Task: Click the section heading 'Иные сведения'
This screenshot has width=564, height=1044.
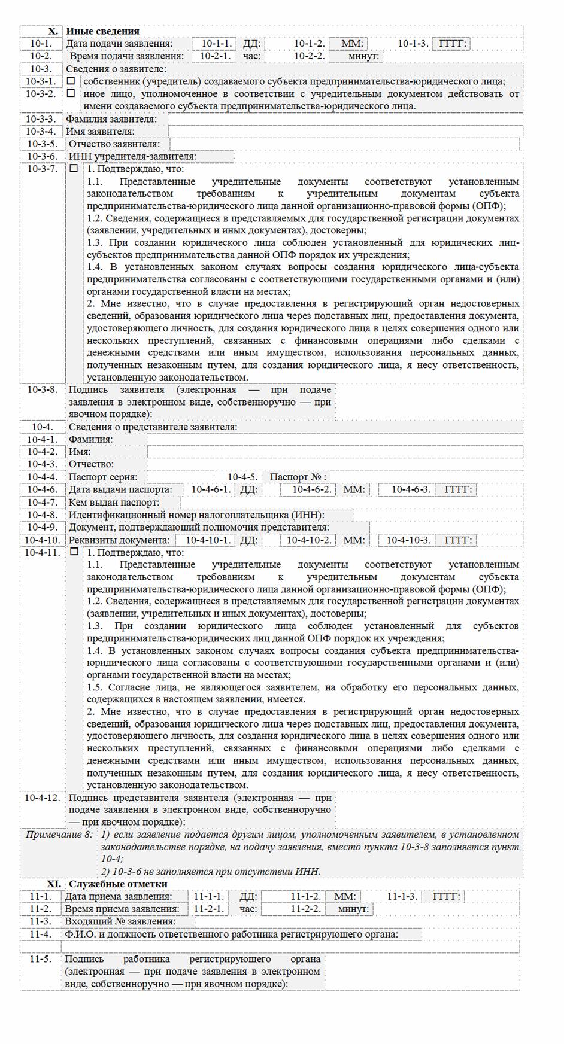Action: tap(102, 31)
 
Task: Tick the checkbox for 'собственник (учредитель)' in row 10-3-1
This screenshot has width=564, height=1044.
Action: tap(71, 81)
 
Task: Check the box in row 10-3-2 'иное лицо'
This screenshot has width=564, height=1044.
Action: tap(71, 93)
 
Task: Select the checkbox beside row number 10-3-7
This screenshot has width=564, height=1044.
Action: tap(74, 169)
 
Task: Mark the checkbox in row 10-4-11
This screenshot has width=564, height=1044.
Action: tap(74, 552)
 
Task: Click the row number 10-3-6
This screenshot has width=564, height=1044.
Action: tap(41, 156)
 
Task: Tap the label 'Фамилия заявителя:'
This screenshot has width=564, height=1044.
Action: tap(111, 119)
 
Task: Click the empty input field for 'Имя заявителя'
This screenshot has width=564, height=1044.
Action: tap(345, 132)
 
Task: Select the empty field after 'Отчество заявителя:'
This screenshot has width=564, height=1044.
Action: tap(344, 144)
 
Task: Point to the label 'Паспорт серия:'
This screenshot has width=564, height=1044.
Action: tap(103, 477)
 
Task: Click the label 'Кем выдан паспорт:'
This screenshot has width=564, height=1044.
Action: tap(114, 502)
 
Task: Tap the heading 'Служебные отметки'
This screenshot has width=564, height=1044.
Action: tap(118, 884)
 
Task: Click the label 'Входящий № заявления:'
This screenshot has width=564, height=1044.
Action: tap(120, 921)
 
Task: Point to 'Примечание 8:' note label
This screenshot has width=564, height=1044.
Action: tap(59, 835)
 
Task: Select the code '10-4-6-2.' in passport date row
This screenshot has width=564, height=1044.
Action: tap(311, 489)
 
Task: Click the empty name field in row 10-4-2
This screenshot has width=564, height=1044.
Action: tap(335, 452)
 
